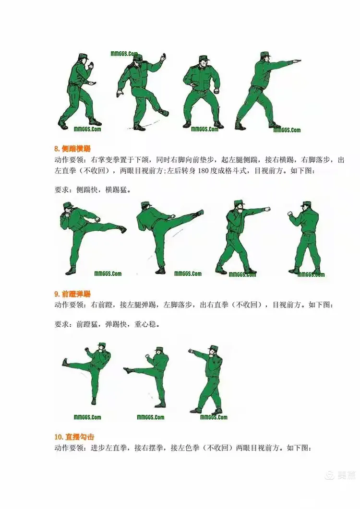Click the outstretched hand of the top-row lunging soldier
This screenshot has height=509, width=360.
tap(297, 61)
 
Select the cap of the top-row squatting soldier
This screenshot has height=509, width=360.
tap(202, 59)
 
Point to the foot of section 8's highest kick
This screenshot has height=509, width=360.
tap(200, 213)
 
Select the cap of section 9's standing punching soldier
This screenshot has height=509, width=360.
tap(213, 347)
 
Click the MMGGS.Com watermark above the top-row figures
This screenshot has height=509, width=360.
tap(124, 54)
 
